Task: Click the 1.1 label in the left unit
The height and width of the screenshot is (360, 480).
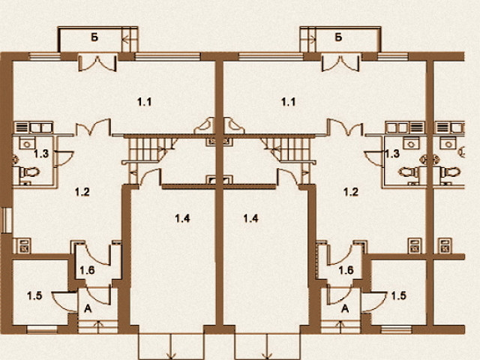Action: (144, 102)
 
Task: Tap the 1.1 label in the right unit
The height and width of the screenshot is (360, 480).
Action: (288, 102)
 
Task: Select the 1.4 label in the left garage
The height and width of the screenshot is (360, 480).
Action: (182, 218)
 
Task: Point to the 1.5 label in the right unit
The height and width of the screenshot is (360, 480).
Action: (399, 295)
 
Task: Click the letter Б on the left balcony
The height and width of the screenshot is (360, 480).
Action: (94, 37)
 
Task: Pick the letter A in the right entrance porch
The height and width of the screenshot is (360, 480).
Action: (345, 308)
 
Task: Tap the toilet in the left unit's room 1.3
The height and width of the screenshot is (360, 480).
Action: (29, 172)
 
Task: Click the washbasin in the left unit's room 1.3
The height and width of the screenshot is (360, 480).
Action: (27, 143)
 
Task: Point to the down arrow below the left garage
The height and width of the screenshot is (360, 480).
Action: (170, 345)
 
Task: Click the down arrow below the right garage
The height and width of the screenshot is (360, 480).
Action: (267, 345)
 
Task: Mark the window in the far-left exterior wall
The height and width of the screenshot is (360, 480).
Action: (7, 220)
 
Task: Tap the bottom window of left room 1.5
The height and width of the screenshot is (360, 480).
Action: (42, 330)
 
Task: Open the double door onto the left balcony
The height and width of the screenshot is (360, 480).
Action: (97, 63)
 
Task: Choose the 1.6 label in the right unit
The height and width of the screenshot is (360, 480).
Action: (346, 270)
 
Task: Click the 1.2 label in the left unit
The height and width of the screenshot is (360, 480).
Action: (82, 192)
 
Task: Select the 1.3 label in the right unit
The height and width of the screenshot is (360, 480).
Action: (392, 153)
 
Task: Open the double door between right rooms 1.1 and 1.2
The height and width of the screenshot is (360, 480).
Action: (345, 127)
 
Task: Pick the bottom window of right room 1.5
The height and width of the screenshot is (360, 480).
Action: (397, 330)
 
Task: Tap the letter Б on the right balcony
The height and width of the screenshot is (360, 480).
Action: (338, 37)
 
